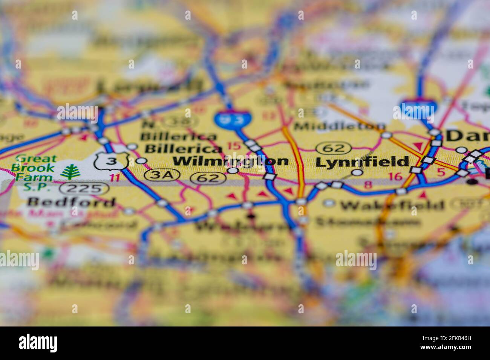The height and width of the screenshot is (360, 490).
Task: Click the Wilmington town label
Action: pos(230,161)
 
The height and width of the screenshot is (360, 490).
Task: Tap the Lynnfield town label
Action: pos(362,162)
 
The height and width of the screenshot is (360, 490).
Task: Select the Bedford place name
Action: pos(71,202)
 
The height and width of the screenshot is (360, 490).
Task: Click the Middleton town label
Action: pos(339,126)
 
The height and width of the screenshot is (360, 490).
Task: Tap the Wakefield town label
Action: pos(392,206)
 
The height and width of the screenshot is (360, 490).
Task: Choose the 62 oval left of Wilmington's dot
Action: pos(208,178)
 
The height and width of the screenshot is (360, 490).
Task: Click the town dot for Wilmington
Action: pos(233,171)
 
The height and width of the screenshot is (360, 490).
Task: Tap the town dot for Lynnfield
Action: pos(357,172)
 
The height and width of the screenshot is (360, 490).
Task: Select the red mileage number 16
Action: pos(395,176)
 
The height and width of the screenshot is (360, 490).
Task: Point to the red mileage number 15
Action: pos(234,146)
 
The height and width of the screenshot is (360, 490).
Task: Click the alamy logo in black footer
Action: pos(38,343)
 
